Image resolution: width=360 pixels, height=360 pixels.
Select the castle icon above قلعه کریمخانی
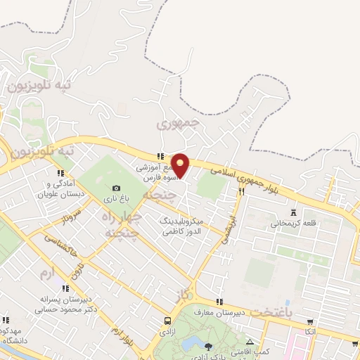point(294,212)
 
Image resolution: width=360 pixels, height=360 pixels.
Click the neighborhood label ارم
point(47,271)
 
